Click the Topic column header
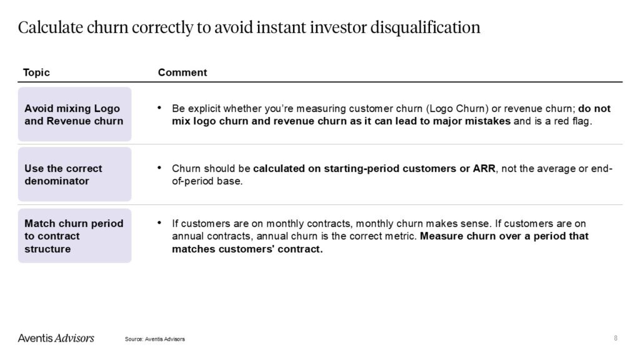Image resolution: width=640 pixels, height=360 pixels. click(x=36, y=72)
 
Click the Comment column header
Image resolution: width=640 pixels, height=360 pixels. click(x=182, y=72)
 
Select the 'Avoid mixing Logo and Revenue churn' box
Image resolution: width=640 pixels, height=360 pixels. click(x=75, y=114)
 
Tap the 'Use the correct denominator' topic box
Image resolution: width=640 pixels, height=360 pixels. click(x=75, y=174)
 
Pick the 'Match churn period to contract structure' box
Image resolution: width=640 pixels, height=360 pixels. click(x=75, y=236)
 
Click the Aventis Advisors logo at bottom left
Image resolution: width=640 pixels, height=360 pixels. click(x=56, y=338)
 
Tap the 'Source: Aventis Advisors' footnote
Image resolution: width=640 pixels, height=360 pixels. click(x=155, y=339)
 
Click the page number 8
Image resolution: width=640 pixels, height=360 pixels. click(x=616, y=338)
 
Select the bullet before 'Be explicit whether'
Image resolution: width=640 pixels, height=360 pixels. click(x=159, y=107)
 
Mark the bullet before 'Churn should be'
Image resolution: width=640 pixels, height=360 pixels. click(x=159, y=167)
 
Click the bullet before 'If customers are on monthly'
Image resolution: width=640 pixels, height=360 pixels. click(x=159, y=223)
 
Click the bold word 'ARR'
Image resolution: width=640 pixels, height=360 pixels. click(x=484, y=169)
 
